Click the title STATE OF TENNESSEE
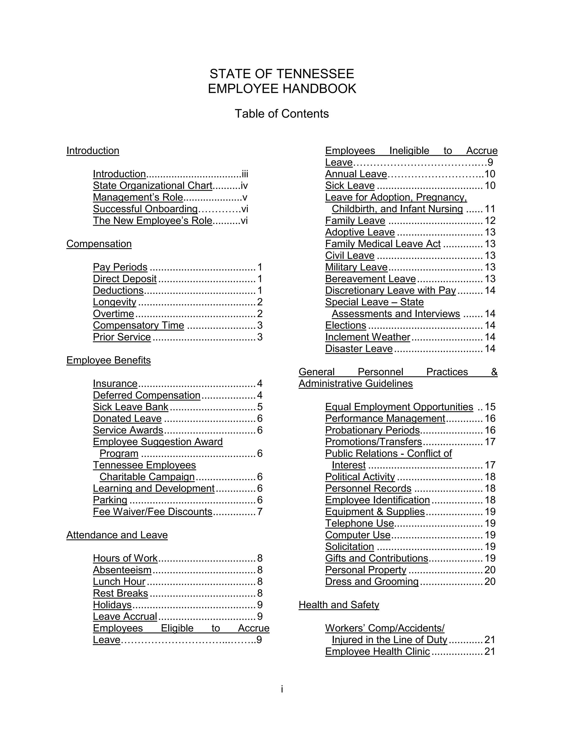point(282,74)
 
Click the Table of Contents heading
point(282,114)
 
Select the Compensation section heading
point(99,244)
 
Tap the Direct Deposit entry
point(125,279)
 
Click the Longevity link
point(115,302)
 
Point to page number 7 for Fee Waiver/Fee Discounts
point(260,512)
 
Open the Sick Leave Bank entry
point(131,407)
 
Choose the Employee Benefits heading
point(109,360)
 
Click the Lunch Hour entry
point(119,582)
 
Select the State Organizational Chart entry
point(153,186)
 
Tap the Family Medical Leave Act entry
point(383,244)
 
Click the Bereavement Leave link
point(371,279)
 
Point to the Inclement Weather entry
point(368,337)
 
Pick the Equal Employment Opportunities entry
point(399,407)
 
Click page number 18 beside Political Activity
point(490,477)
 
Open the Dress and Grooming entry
point(372,582)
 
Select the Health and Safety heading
point(339,605)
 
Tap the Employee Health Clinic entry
point(378,651)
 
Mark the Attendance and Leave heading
point(117,535)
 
